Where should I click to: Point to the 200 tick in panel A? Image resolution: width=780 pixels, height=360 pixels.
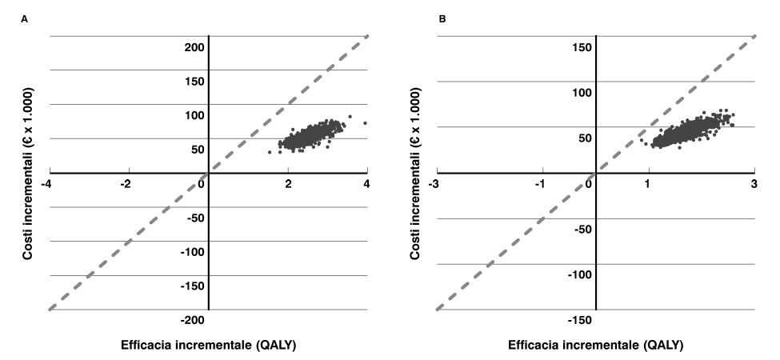coord(194,46)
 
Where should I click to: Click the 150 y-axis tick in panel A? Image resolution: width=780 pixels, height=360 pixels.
coord(194,81)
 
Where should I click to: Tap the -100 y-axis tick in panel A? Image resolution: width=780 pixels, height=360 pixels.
coord(190,252)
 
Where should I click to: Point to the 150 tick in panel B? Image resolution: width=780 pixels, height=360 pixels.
coord(582,46)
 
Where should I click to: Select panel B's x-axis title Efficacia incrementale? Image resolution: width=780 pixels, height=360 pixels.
coord(595,346)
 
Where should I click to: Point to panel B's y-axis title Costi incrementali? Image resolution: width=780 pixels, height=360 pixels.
coord(414,172)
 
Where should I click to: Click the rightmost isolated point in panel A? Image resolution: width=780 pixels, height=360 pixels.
coord(365,123)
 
